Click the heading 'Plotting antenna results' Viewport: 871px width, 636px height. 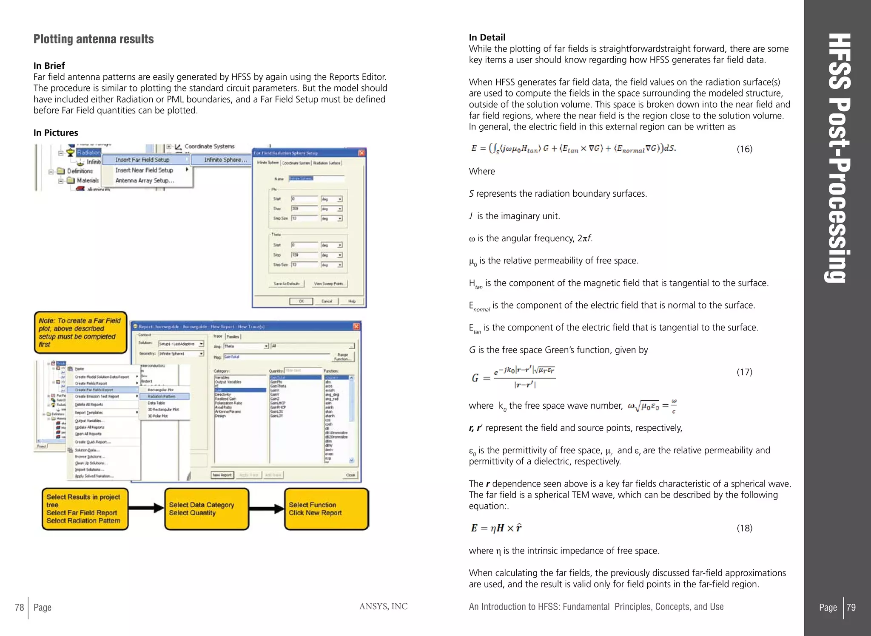tap(94, 39)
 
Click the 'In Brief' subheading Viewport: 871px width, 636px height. tap(49, 66)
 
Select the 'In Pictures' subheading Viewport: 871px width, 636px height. tap(56, 133)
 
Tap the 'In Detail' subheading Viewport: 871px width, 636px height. tap(487, 37)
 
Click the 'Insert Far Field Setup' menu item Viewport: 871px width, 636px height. tap(142, 160)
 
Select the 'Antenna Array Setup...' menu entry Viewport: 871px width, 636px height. tap(145, 181)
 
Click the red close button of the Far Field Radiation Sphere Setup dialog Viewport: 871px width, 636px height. tap(361, 153)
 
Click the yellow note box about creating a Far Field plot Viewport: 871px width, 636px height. tap(80, 332)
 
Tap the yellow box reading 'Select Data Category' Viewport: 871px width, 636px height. tap(207, 509)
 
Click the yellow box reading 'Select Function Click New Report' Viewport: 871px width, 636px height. tap(326, 509)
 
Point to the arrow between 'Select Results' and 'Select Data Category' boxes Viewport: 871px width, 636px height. tap(146, 508)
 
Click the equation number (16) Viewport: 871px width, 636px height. tap(744, 149)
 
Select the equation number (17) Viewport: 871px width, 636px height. tap(744, 372)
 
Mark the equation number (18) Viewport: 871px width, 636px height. tap(744, 528)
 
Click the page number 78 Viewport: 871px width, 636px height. tap(20, 608)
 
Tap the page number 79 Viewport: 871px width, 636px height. tap(851, 608)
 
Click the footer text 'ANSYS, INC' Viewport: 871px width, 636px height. tap(383, 607)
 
